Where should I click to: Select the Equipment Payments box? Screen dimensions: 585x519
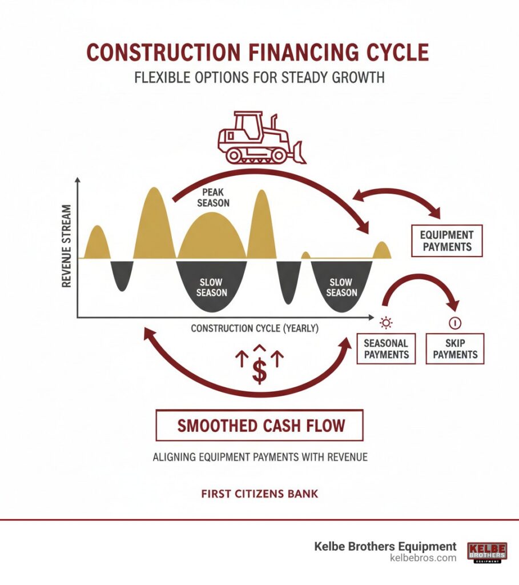[446, 241]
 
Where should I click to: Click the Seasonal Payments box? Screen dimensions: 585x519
[387, 348]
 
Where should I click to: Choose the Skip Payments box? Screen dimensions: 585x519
[455, 348]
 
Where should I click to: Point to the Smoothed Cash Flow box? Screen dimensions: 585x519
[259, 425]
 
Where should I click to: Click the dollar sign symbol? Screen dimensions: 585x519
[260, 371]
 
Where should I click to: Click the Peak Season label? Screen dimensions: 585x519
[215, 198]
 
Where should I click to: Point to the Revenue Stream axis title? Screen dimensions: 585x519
[67, 246]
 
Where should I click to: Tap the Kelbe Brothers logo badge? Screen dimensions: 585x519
[486, 552]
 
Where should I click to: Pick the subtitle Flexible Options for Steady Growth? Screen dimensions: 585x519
[259, 77]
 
